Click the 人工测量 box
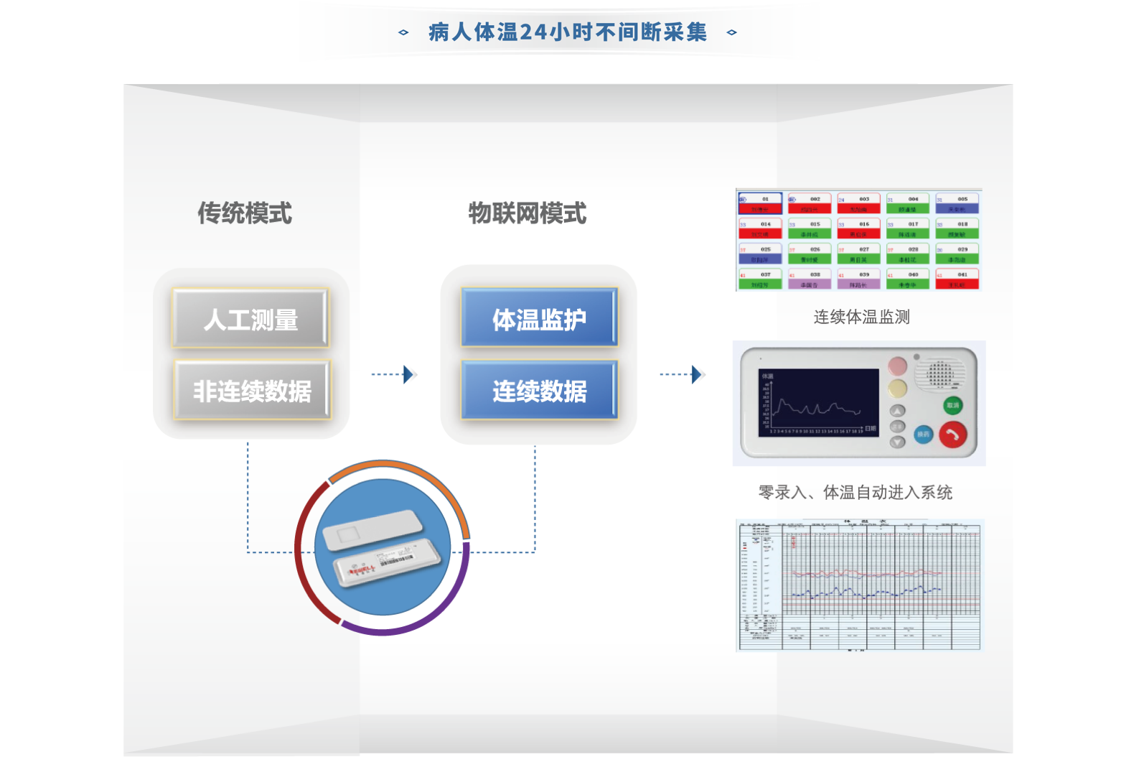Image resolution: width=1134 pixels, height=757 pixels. tap(250, 319)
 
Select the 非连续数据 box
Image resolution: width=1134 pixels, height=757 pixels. tap(252, 390)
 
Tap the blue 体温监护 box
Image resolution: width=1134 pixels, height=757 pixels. tap(539, 318)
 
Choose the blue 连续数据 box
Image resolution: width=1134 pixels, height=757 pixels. tap(539, 390)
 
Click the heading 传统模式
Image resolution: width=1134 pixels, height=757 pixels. tap(245, 213)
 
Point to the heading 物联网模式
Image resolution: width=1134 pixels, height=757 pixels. tap(528, 213)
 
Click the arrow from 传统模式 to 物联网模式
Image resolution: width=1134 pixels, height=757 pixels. tap(394, 374)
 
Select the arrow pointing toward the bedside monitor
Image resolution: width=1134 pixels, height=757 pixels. tap(683, 374)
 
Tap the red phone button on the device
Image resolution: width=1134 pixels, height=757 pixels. tap(952, 434)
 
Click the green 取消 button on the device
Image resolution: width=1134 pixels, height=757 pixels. tap(952, 405)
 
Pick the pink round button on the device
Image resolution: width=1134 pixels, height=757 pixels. tap(897, 366)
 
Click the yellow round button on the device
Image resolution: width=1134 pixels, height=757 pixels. tap(897, 389)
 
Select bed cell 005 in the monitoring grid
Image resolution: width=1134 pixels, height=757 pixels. tap(957, 204)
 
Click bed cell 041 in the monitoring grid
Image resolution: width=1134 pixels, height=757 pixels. tap(957, 279)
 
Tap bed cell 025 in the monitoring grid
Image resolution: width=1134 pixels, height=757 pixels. tap(760, 254)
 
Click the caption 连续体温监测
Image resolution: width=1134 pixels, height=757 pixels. tap(861, 317)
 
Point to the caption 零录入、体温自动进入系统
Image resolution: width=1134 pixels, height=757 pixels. tap(855, 492)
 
